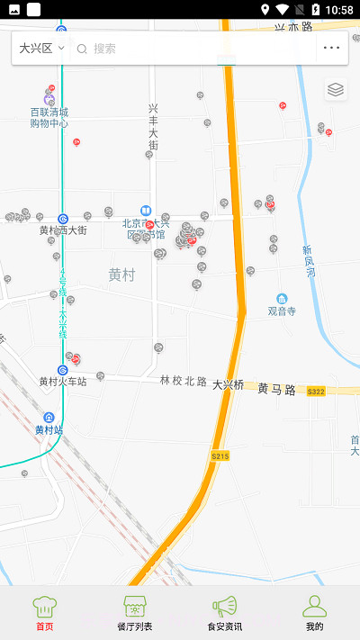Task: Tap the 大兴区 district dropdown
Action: pyautogui.click(x=41, y=48)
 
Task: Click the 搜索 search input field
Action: pyautogui.click(x=193, y=49)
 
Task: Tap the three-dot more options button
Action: pyautogui.click(x=332, y=48)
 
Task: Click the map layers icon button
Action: pyautogui.click(x=336, y=90)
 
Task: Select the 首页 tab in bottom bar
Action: pyautogui.click(x=44, y=613)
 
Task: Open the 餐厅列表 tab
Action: pyautogui.click(x=135, y=613)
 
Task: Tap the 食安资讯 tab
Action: pyautogui.click(x=224, y=613)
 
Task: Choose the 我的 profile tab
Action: pyautogui.click(x=314, y=613)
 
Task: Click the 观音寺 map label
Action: pyautogui.click(x=282, y=311)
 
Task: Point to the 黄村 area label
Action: pyautogui.click(x=121, y=275)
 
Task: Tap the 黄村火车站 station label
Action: pyautogui.click(x=62, y=382)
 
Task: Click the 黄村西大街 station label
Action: pyautogui.click(x=62, y=230)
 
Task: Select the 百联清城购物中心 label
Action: pyautogui.click(x=49, y=118)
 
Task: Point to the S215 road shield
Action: pyautogui.click(x=220, y=457)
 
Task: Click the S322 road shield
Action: pyautogui.click(x=315, y=392)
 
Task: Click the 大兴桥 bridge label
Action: pyautogui.click(x=228, y=384)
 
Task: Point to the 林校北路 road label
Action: pyautogui.click(x=184, y=381)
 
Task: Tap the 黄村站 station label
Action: pyautogui.click(x=49, y=429)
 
